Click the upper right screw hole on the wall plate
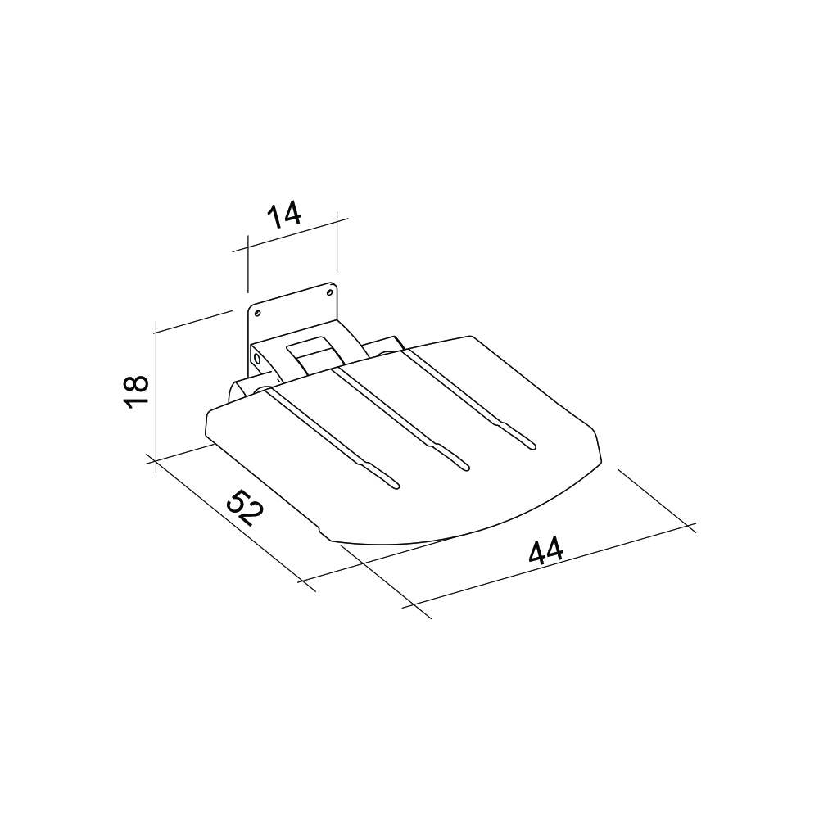point(330,292)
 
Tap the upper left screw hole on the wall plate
point(256,312)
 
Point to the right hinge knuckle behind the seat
point(383,346)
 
